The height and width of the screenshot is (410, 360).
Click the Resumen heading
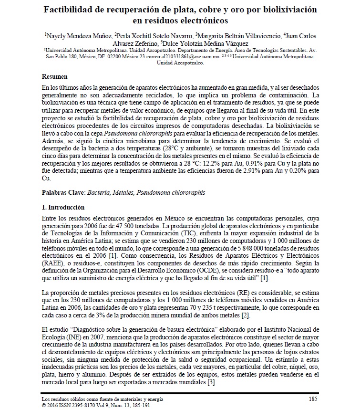(x=55, y=76)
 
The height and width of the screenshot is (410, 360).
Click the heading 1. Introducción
(x=63, y=208)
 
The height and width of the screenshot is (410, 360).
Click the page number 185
(x=313, y=398)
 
